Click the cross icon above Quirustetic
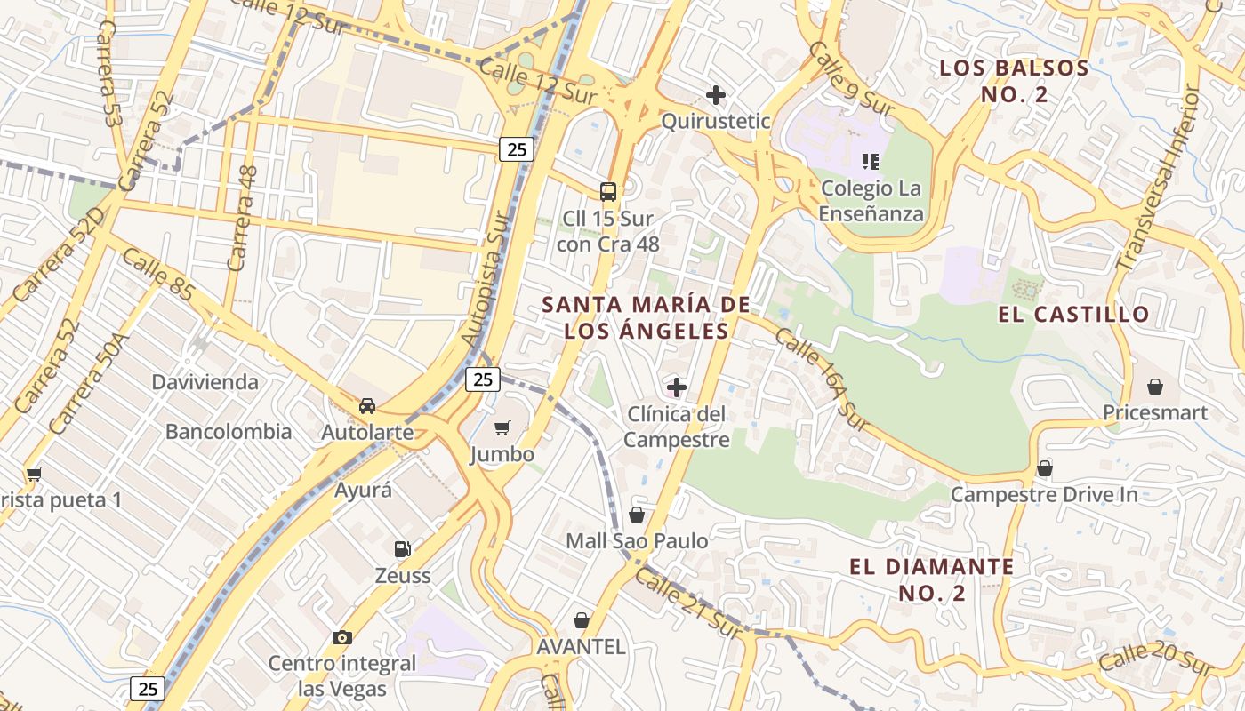point(715,94)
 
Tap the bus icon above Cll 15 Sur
point(608,191)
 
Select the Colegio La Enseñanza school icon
point(871,162)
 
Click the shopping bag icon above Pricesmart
point(1155,387)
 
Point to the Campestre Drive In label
point(1044,495)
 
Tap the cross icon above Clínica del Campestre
point(677,387)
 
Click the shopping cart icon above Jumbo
point(502,428)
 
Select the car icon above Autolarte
point(366,406)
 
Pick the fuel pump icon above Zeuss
point(402,549)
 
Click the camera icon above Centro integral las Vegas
point(341,637)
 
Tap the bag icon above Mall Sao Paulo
point(637,515)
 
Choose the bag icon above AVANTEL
point(582,620)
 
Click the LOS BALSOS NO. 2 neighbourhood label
point(1014,81)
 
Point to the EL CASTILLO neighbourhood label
point(1073,314)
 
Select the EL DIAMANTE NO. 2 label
point(931,579)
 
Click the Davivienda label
point(205,382)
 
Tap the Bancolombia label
point(229,432)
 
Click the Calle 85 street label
point(157,274)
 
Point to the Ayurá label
point(363,490)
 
